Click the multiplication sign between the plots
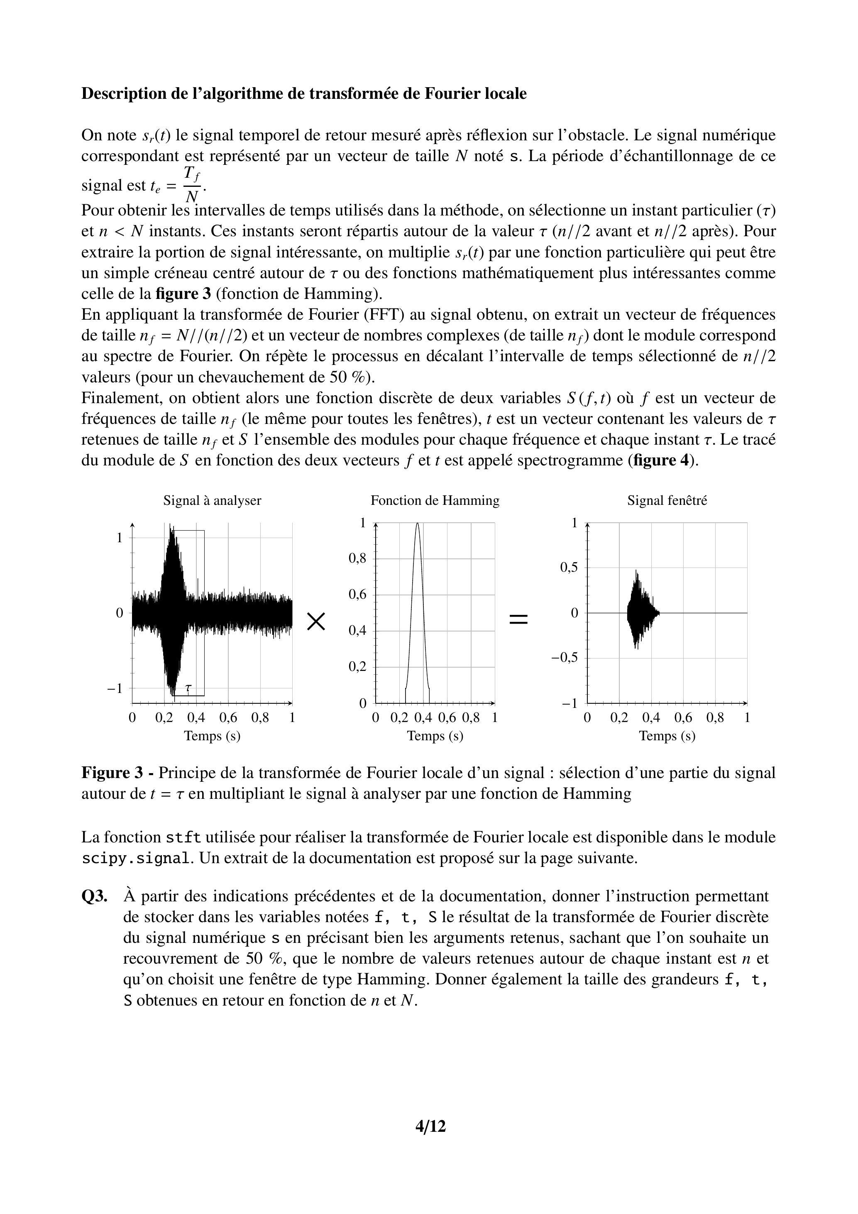316,621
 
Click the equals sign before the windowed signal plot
518,619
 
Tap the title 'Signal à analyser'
212,500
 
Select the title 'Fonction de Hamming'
435,500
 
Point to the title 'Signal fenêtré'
667,500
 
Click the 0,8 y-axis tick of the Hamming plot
357,558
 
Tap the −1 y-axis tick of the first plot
115,688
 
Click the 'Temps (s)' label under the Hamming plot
435,736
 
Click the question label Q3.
95,896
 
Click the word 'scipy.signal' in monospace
135,858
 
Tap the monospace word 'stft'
183,837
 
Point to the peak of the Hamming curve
418,524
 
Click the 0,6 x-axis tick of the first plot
228,717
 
